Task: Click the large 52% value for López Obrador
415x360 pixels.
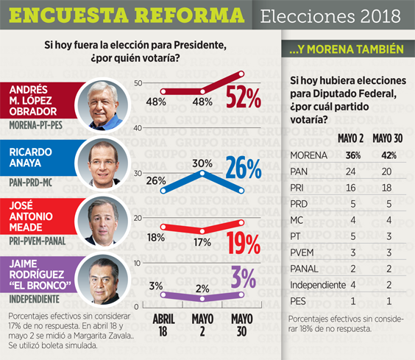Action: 243,96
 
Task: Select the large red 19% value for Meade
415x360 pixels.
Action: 243,240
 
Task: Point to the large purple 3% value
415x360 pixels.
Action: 244,278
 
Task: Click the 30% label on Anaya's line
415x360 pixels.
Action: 202,163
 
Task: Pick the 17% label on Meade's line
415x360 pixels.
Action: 202,241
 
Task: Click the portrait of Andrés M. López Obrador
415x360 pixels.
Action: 107,106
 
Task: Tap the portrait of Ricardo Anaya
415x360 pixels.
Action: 107,163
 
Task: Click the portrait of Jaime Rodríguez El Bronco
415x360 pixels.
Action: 107,278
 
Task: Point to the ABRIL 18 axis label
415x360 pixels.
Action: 163,323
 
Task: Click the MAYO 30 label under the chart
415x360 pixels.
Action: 241,323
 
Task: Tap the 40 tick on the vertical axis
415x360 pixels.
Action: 138,128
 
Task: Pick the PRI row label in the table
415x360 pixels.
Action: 298,188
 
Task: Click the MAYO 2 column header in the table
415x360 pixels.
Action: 351,138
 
